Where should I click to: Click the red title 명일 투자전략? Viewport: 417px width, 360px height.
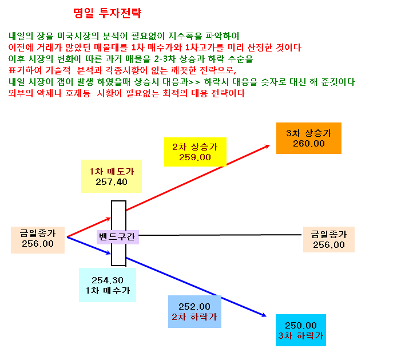(107, 13)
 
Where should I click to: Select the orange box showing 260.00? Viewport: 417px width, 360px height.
(309, 138)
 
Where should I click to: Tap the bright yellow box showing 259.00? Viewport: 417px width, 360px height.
(195, 152)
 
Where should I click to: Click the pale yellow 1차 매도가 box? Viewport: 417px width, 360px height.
(112, 176)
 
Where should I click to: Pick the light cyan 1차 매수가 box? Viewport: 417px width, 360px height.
(108, 285)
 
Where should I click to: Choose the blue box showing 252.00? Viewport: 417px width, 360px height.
(194, 311)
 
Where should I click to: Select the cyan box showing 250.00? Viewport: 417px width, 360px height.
(301, 330)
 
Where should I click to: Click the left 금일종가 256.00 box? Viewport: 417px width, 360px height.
(38, 240)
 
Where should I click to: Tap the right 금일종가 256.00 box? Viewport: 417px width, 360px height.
(329, 239)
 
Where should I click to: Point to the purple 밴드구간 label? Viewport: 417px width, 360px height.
(117, 237)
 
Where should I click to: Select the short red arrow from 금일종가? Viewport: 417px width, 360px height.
(89, 227)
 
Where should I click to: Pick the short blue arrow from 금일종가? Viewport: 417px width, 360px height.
(89, 246)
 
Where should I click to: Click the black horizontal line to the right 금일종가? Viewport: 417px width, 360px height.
(220, 235)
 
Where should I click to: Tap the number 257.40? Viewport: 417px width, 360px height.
(112, 182)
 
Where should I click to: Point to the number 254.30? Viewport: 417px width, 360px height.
(108, 280)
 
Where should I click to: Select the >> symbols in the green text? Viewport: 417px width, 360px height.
(194, 82)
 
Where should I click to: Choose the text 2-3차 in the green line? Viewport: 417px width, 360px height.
(165, 59)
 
